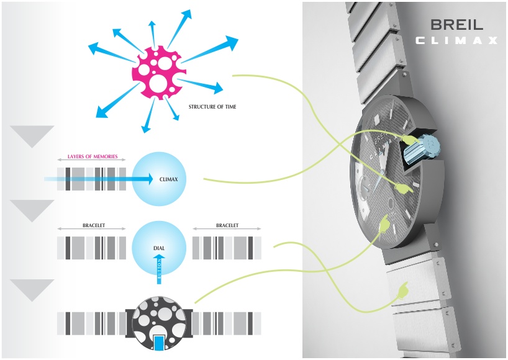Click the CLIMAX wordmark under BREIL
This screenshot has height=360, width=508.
point(456,41)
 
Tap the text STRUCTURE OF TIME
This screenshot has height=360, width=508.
point(212,107)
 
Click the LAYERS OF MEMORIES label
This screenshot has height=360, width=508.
point(92,157)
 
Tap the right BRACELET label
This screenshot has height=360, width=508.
point(227,226)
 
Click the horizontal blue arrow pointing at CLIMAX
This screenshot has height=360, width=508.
point(99,179)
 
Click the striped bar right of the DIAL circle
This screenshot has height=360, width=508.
point(227,248)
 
